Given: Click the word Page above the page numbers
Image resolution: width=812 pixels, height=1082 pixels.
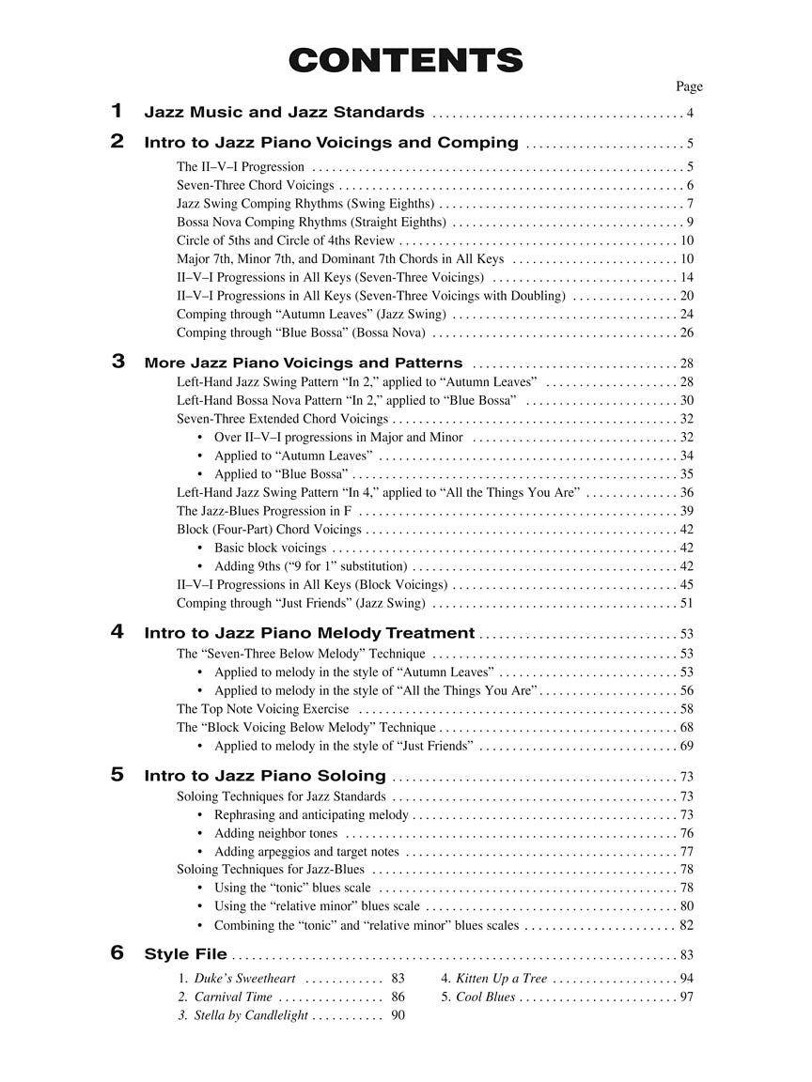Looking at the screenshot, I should click(x=689, y=86).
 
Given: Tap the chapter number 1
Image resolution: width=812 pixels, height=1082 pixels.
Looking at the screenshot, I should click(x=117, y=111).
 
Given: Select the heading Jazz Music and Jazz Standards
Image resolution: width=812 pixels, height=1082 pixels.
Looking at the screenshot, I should click(x=284, y=113).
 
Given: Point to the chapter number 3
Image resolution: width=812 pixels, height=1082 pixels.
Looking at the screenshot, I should click(x=117, y=361).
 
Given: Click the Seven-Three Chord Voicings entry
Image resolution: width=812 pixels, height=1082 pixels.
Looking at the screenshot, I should click(x=255, y=185).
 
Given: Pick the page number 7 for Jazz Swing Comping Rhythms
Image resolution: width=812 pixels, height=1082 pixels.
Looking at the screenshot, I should click(x=690, y=204).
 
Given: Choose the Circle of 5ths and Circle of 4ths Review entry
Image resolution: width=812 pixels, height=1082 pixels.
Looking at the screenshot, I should click(x=286, y=240).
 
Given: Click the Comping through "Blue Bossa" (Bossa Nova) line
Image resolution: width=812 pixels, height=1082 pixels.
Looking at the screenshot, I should click(x=301, y=332).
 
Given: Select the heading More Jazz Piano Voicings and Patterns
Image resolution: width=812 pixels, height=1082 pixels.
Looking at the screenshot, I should click(x=303, y=363).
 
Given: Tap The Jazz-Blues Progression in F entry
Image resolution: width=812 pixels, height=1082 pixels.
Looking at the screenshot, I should click(x=264, y=511).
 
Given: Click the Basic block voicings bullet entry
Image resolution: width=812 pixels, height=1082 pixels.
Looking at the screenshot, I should click(x=270, y=548).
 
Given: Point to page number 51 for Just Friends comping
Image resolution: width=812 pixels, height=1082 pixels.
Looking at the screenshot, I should click(x=686, y=603).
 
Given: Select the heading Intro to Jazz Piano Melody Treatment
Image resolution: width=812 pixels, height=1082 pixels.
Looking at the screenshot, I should click(x=309, y=633).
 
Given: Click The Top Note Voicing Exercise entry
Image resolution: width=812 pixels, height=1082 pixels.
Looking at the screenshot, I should click(x=262, y=709).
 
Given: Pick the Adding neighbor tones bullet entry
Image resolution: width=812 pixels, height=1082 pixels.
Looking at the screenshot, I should click(x=275, y=833).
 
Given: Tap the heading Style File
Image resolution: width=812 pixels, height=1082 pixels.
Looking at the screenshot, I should click(x=185, y=954).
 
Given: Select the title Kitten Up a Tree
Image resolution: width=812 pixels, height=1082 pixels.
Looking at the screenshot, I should click(x=501, y=979).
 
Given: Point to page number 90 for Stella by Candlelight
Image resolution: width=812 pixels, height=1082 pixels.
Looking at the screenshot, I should click(x=398, y=1015).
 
